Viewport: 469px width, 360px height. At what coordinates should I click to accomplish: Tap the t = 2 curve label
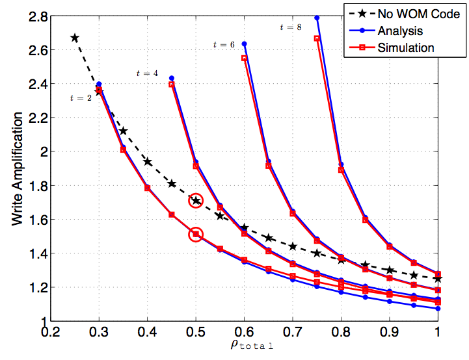[x=80, y=98]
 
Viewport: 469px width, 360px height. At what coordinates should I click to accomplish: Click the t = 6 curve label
[x=224, y=44]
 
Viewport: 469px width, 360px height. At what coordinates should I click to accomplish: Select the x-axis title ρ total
[x=244, y=346]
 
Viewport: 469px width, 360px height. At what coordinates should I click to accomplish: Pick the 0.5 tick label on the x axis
[x=196, y=333]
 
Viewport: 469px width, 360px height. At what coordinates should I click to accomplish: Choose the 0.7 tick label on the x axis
[x=293, y=333]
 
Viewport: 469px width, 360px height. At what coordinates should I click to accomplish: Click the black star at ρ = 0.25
[x=75, y=38]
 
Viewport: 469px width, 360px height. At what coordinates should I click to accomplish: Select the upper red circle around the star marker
[x=196, y=201]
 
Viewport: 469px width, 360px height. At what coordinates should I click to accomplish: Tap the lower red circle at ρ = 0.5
[x=196, y=235]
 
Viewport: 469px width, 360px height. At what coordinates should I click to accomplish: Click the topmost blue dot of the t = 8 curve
[x=317, y=18]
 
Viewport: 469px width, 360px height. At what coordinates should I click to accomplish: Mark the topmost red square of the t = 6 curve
[x=245, y=58]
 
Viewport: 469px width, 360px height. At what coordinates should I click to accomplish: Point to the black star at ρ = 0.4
[x=148, y=162]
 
